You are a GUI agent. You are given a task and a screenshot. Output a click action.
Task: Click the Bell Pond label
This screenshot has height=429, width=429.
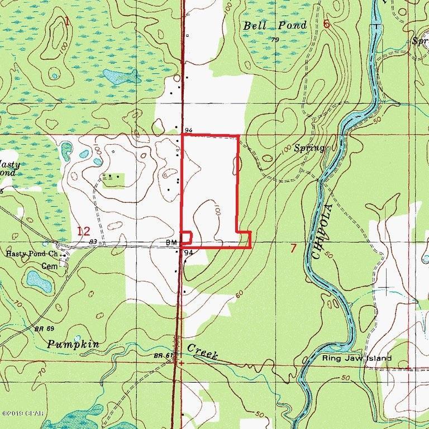pyautogui.click(x=275, y=26)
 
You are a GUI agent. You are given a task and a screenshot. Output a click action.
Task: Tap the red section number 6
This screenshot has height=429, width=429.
pyautogui.click(x=327, y=24)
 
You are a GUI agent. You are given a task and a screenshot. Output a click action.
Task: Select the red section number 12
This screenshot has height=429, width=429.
pyautogui.click(x=83, y=231)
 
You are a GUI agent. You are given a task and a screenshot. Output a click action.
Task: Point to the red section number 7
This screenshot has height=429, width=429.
pyautogui.click(x=293, y=248)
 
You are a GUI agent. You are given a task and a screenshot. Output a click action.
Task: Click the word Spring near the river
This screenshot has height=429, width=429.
pyautogui.click(x=309, y=148)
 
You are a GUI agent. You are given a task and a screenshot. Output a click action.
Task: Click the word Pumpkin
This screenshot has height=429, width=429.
pyautogui.click(x=73, y=344)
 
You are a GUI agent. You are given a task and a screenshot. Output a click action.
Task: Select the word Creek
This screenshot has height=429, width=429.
pyautogui.click(x=202, y=351)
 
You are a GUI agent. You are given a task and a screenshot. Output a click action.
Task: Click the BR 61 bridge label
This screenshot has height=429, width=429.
pyautogui.click(x=163, y=355)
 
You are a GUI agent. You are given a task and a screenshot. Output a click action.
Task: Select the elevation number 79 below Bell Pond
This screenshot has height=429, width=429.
pyautogui.click(x=274, y=40)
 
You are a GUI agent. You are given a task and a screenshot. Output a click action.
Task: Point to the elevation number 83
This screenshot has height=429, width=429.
pyautogui.click(x=93, y=242)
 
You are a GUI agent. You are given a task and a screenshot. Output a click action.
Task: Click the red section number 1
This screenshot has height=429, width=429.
pyautogui.click(x=67, y=22)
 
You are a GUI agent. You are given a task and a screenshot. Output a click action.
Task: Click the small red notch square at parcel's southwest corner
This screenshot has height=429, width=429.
pyautogui.click(x=186, y=237)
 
